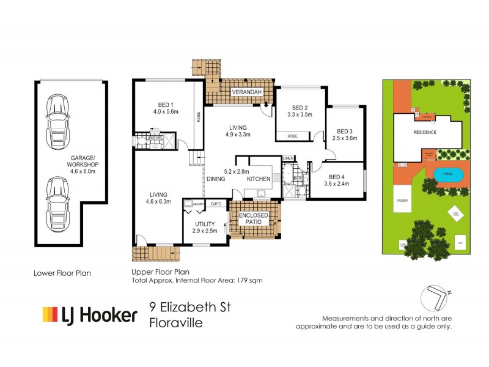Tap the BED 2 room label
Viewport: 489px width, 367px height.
pos(300,106)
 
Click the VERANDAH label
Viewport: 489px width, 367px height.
pos(246,92)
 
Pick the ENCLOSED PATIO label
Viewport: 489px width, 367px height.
pos(254,218)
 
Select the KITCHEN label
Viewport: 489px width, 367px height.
pos(259,179)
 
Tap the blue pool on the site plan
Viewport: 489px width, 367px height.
pos(448,174)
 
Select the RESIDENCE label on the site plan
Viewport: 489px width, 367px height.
pos(425,132)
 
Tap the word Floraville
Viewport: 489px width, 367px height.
pos(176,325)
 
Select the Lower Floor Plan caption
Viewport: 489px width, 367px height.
pos(62,273)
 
